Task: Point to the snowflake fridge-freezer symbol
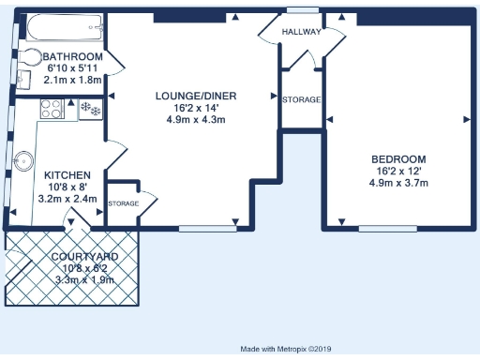pos(91,109)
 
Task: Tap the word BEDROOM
pos(399,159)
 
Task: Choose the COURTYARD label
pos(83,256)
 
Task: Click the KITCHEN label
pos(67,175)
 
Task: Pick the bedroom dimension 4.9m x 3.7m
pos(399,183)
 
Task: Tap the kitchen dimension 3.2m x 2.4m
pos(67,199)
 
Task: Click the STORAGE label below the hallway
pos(302,99)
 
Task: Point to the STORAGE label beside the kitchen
pos(123,203)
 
